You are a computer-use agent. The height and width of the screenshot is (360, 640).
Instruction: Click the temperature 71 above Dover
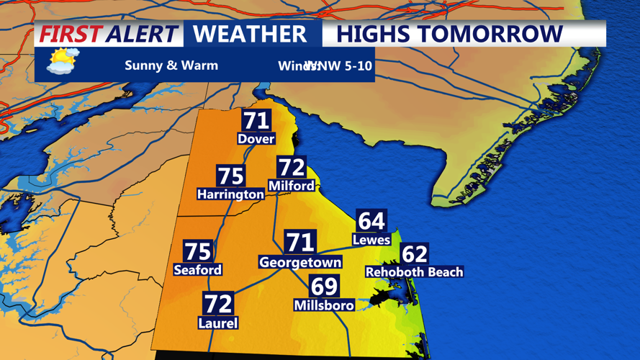[256, 120]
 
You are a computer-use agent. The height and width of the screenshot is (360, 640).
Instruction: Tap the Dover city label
[256, 138]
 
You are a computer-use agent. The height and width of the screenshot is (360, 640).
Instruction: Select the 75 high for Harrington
[231, 176]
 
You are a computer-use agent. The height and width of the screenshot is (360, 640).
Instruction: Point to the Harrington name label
[231, 194]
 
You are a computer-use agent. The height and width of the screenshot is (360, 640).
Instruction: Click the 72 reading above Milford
[292, 167]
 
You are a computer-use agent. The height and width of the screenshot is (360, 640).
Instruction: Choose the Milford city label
[292, 186]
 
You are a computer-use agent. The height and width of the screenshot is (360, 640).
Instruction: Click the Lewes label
[371, 240]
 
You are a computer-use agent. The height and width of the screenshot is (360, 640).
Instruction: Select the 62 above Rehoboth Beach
[415, 253]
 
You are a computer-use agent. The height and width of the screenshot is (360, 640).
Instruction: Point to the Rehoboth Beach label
[415, 272]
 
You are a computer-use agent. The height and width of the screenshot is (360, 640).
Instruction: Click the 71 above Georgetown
[300, 243]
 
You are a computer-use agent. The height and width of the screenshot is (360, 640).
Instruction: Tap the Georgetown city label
[300, 263]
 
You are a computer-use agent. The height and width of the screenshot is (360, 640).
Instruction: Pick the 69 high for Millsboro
[324, 286]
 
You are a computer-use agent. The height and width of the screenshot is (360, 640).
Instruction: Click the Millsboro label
[324, 305]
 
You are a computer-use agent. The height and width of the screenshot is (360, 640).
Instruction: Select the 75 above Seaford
[198, 251]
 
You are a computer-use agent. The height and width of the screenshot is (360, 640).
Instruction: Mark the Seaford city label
[198, 270]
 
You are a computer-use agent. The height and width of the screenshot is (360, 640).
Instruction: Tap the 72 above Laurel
[217, 304]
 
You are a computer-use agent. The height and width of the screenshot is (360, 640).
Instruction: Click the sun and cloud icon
[62, 62]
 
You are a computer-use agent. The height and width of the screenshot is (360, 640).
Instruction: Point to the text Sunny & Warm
[171, 66]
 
